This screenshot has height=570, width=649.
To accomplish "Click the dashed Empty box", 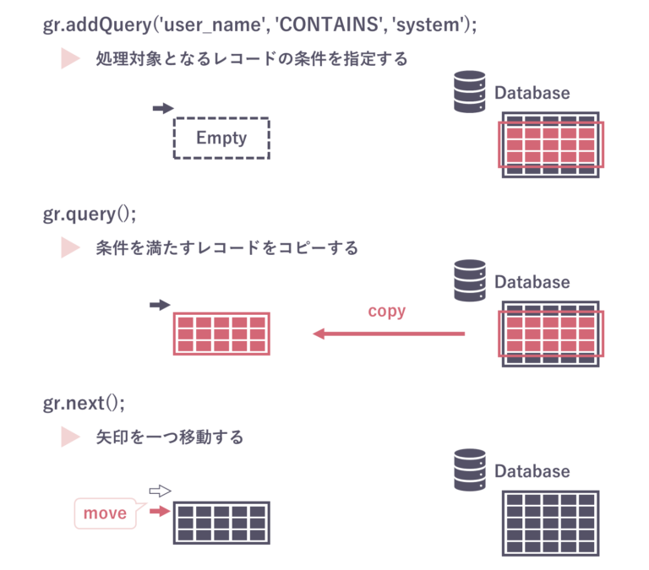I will [221, 138].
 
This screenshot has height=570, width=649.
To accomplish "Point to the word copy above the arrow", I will [387, 312].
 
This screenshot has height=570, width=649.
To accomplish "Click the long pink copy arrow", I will [389, 334].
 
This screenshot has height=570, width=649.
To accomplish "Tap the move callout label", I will [105, 513].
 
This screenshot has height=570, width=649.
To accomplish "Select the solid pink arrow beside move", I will [160, 511].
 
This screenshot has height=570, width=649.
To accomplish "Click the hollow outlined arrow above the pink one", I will [160, 491].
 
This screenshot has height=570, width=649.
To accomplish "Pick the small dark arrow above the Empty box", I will [162, 109].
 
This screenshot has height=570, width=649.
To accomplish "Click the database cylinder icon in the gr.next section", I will [469, 470].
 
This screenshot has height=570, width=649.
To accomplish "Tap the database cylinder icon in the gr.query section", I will [469, 280].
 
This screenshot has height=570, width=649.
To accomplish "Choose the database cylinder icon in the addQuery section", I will [470, 91].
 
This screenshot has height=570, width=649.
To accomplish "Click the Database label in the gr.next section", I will [532, 471].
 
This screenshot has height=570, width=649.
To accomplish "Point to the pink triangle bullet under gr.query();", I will [70, 247].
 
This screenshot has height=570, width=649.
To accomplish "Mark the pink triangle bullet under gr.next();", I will [70, 437].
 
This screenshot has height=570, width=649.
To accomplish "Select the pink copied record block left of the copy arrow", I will [221, 334].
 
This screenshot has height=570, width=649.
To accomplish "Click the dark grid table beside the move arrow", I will [221, 523].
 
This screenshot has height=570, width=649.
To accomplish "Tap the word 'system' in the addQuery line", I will [428, 25].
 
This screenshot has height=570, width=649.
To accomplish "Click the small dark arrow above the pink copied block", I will [160, 305].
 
